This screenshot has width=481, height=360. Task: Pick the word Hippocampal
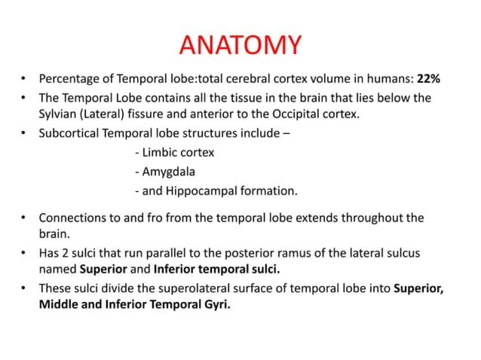click(x=198, y=190)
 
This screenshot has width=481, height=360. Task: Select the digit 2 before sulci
click(x=67, y=251)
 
